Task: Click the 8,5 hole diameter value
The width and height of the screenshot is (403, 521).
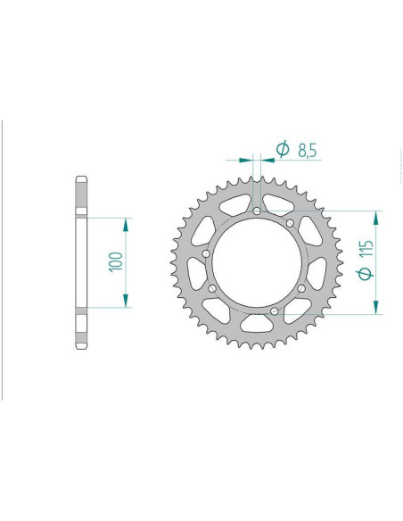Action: [308, 150]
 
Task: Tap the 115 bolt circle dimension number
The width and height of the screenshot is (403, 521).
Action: [366, 248]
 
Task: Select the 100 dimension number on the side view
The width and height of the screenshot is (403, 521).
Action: [116, 261]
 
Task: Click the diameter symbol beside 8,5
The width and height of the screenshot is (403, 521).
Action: [283, 149]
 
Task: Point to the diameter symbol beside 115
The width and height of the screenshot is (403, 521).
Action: [365, 274]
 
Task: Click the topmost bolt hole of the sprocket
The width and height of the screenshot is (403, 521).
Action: [257, 211]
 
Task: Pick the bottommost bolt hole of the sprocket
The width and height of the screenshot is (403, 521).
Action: [275, 311]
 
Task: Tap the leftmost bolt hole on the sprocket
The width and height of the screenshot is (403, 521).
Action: [206, 254]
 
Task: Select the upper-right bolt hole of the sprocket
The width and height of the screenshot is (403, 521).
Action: [290, 223]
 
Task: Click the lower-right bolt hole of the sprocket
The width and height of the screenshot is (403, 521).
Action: [301, 288]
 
